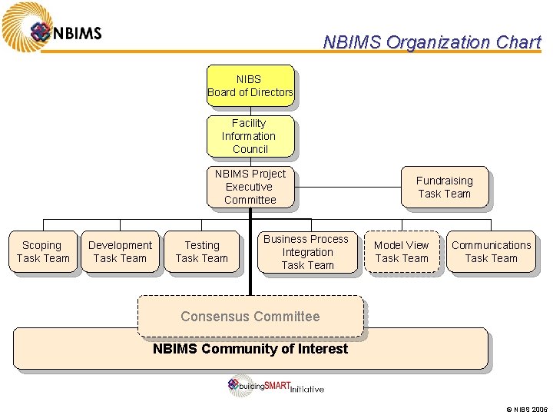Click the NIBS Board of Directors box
250,85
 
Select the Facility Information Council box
250,136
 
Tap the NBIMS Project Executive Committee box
250,187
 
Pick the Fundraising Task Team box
444,187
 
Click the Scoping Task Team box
43,252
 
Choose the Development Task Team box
120,252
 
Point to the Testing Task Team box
201,252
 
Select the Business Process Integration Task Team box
307,252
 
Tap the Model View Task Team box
402,252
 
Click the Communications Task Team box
491,252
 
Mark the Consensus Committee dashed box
250,316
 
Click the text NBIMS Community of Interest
250,349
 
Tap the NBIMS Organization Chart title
432,42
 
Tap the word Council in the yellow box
250,149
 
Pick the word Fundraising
444,181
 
